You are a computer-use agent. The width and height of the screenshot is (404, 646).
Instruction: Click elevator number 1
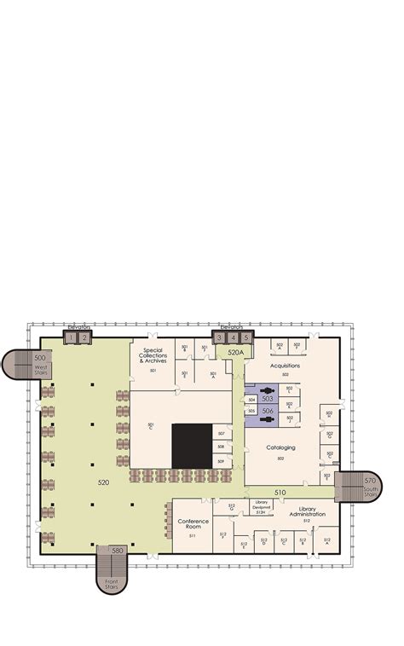pyautogui.click(x=71, y=338)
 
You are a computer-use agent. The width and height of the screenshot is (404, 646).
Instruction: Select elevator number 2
pyautogui.click(x=84, y=338)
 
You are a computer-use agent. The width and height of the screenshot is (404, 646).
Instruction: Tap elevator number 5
pyautogui.click(x=246, y=338)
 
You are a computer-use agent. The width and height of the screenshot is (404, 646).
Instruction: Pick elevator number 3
pyautogui.click(x=219, y=338)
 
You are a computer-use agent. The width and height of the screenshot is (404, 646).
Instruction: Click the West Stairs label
pyautogui.click(x=41, y=369)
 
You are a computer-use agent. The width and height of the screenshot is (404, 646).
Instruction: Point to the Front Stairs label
pyautogui.click(x=112, y=585)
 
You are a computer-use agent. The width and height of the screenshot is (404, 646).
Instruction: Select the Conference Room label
pyautogui.click(x=193, y=523)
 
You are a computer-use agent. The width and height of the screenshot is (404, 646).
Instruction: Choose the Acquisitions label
pyautogui.click(x=285, y=365)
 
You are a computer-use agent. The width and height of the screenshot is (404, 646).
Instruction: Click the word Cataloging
pyautogui.click(x=280, y=447)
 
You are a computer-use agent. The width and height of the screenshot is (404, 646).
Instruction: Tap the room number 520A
pyautogui.click(x=235, y=351)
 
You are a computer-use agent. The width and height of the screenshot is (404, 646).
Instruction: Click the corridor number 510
pyautogui.click(x=280, y=493)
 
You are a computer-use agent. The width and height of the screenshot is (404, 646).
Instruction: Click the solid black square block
pyautogui.click(x=192, y=446)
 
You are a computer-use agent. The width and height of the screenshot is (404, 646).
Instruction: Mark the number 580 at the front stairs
pyautogui.click(x=118, y=550)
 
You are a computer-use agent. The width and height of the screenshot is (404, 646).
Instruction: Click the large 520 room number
pyautogui.click(x=103, y=482)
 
